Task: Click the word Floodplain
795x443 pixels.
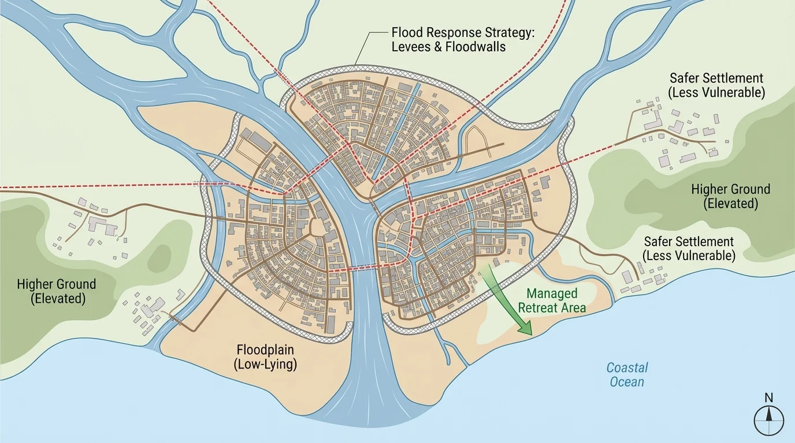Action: pos(266,350)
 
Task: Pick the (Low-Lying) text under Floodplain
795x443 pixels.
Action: pos(266,365)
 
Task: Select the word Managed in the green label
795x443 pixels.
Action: pos(552,294)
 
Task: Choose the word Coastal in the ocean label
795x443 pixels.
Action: pos(627,367)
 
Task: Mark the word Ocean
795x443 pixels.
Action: pos(627,381)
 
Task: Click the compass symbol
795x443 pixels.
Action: pos(769,419)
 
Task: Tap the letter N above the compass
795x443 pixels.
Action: pos(768,397)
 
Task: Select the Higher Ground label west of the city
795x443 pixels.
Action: pos(57,291)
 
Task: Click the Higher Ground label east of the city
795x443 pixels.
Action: pos(731,196)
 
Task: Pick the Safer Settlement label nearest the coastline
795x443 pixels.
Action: pos(689,249)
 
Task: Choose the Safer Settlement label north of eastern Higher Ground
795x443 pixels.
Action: pos(716,85)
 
